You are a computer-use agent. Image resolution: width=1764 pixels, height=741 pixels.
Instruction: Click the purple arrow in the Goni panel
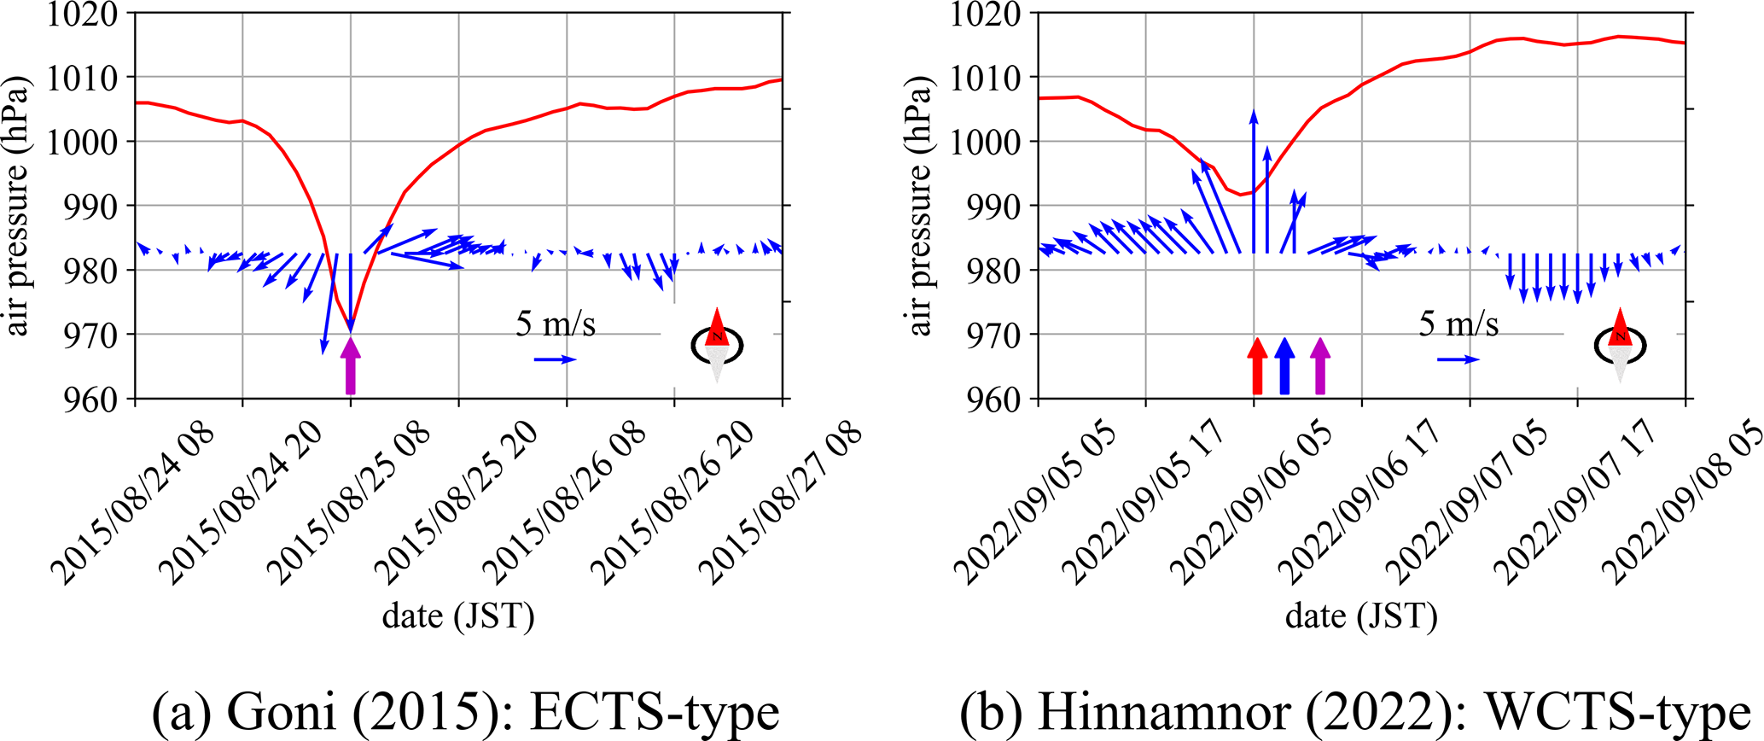pos(350,366)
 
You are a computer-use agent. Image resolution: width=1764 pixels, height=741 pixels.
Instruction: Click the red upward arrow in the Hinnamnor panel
pos(1256,366)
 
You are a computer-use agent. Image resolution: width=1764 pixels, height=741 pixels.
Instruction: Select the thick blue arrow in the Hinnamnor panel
pos(1284,366)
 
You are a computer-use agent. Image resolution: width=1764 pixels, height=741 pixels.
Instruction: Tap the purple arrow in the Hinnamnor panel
pos(1320,366)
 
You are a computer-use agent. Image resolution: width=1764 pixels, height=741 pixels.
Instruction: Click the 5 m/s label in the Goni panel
pos(555,324)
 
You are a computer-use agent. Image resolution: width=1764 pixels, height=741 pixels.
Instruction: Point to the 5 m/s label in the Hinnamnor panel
pos(1458,324)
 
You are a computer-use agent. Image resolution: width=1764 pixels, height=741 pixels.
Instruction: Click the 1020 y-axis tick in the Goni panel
pos(83,15)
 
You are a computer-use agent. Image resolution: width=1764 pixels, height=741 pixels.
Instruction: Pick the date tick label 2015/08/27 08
pos(780,504)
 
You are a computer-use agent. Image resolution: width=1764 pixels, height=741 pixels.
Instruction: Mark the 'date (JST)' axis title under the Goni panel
pos(458,616)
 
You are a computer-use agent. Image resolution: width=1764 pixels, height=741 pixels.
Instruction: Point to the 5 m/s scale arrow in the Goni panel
pos(555,360)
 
